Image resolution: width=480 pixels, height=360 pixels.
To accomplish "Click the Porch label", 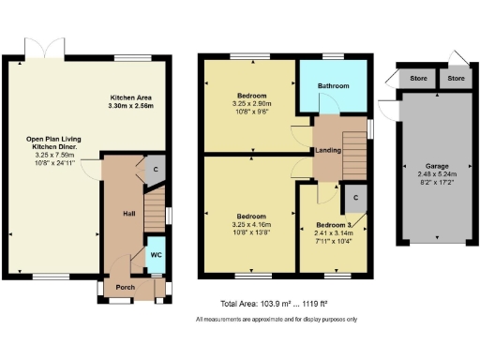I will pos(127,287).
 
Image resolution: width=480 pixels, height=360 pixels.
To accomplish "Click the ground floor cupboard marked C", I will pos(154,169).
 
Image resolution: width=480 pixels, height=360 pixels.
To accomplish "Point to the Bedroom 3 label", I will pos(335,225).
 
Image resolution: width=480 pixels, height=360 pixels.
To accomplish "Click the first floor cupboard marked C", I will pos(353,198).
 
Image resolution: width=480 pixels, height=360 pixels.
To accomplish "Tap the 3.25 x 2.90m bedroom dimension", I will pos(250,104).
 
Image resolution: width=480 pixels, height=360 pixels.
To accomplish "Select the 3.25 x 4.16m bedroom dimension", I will pos(250,225).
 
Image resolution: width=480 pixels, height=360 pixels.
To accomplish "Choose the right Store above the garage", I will pos(457,79).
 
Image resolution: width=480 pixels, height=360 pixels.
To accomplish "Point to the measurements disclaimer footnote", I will pos(276,321).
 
